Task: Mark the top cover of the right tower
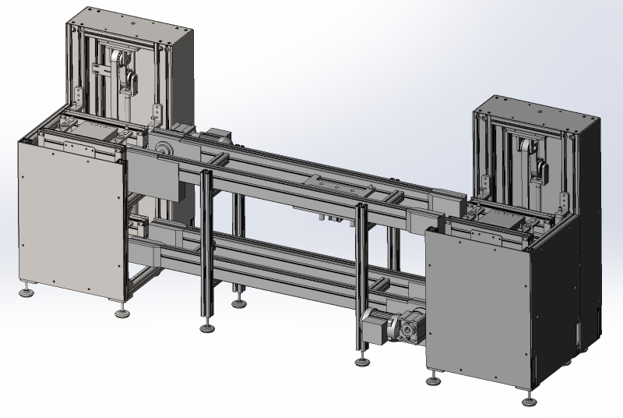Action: coord(537,107)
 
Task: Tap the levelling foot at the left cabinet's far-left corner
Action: coord(29,292)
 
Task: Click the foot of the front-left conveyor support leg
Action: coord(206,326)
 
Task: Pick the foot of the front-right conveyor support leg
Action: coord(361,360)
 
